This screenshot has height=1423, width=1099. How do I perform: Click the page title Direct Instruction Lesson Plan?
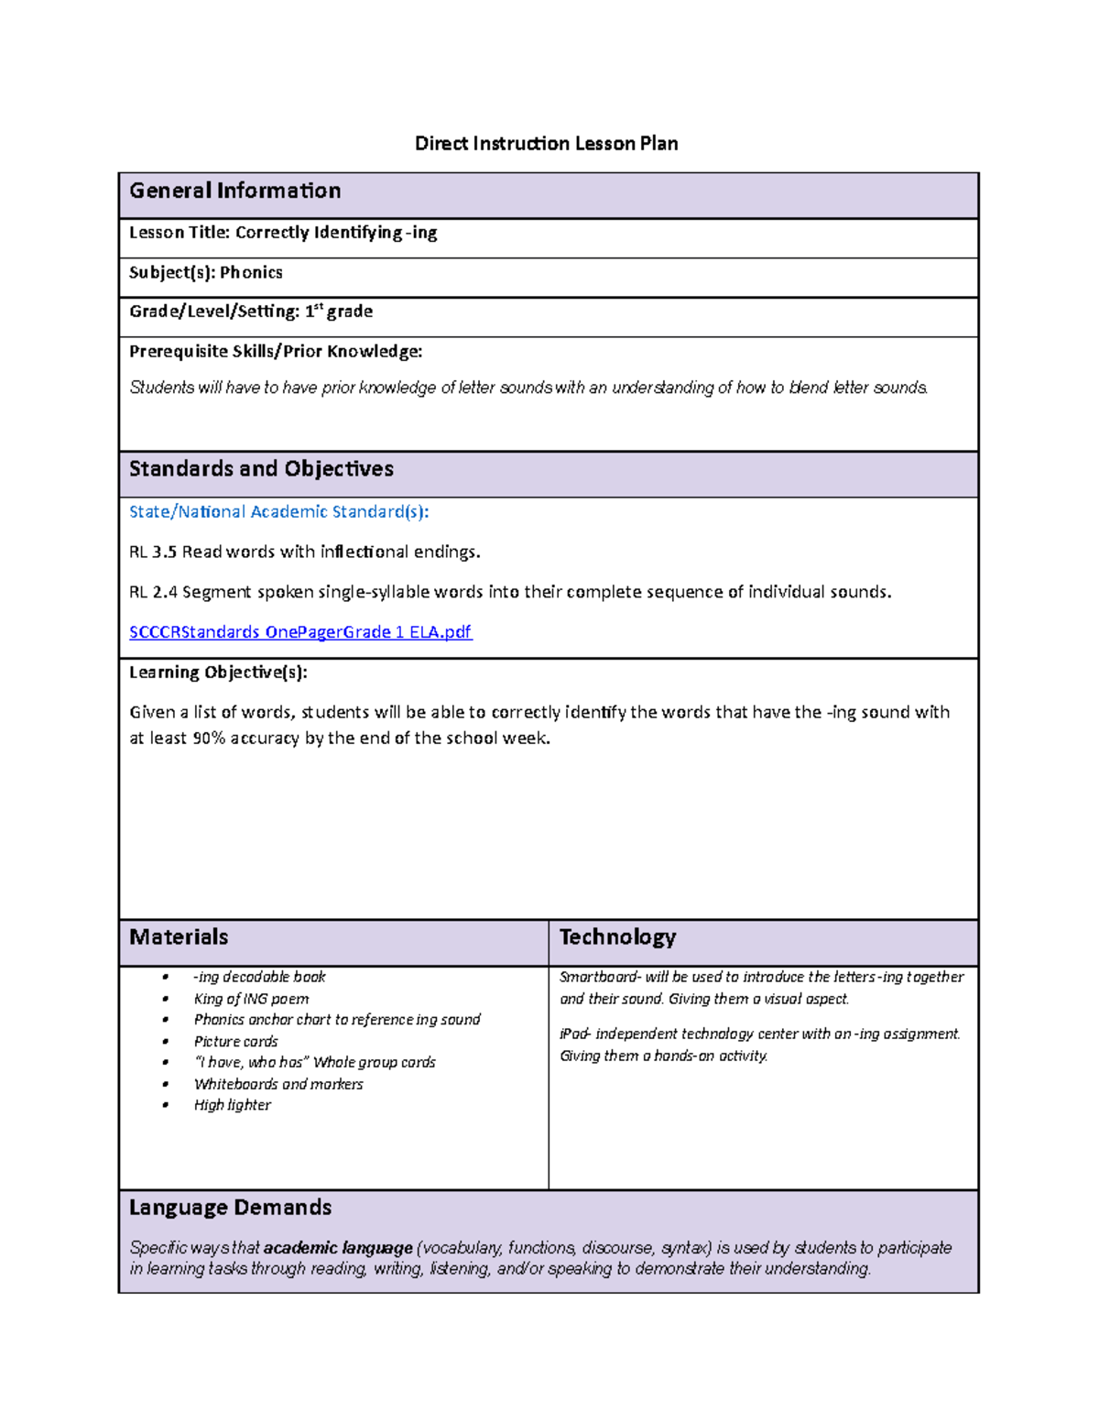click(x=546, y=143)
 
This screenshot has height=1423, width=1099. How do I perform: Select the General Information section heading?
click(x=234, y=191)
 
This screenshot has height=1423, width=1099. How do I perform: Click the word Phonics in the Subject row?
click(x=251, y=272)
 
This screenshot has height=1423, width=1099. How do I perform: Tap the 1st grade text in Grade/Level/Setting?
click(x=338, y=312)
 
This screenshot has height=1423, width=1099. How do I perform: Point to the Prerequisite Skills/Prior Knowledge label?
click(x=276, y=351)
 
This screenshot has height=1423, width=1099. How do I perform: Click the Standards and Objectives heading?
click(x=261, y=469)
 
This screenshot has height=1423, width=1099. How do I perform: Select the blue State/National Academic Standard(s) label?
click(x=278, y=511)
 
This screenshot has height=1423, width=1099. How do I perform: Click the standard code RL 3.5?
click(x=153, y=552)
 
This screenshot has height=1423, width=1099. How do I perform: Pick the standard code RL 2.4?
click(x=153, y=592)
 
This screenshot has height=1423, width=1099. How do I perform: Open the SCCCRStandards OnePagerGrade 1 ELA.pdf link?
click(x=300, y=631)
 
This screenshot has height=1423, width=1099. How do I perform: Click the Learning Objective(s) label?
click(x=218, y=672)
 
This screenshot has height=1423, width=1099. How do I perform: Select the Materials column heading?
click(x=179, y=936)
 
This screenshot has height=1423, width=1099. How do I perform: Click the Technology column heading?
click(x=617, y=936)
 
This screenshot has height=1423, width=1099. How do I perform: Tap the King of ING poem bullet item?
click(x=251, y=999)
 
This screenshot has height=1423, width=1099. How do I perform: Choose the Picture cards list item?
click(x=235, y=1041)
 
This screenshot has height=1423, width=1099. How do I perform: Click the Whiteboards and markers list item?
click(x=278, y=1084)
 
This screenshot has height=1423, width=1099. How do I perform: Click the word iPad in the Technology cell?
click(x=574, y=1034)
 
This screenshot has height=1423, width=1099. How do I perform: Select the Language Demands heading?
click(x=230, y=1207)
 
